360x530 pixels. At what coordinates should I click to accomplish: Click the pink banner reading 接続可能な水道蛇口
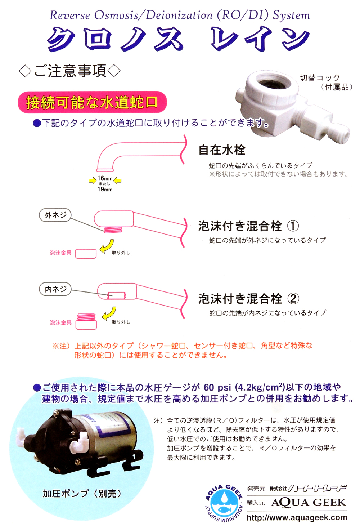92,102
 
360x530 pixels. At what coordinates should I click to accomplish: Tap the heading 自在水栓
222,150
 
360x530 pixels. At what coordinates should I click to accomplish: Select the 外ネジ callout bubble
55,215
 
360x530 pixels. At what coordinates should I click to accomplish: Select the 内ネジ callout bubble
55,289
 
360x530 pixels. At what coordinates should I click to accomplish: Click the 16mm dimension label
105,178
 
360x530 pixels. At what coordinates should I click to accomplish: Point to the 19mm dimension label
105,189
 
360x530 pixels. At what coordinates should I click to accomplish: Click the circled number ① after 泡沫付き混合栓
293,226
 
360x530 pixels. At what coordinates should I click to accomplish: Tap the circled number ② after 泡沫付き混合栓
293,299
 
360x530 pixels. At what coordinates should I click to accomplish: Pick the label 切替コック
320,78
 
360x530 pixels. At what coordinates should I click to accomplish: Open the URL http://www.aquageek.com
297,518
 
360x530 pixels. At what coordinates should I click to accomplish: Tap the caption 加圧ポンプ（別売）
82,493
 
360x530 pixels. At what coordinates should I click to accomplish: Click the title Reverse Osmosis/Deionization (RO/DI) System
180,15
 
